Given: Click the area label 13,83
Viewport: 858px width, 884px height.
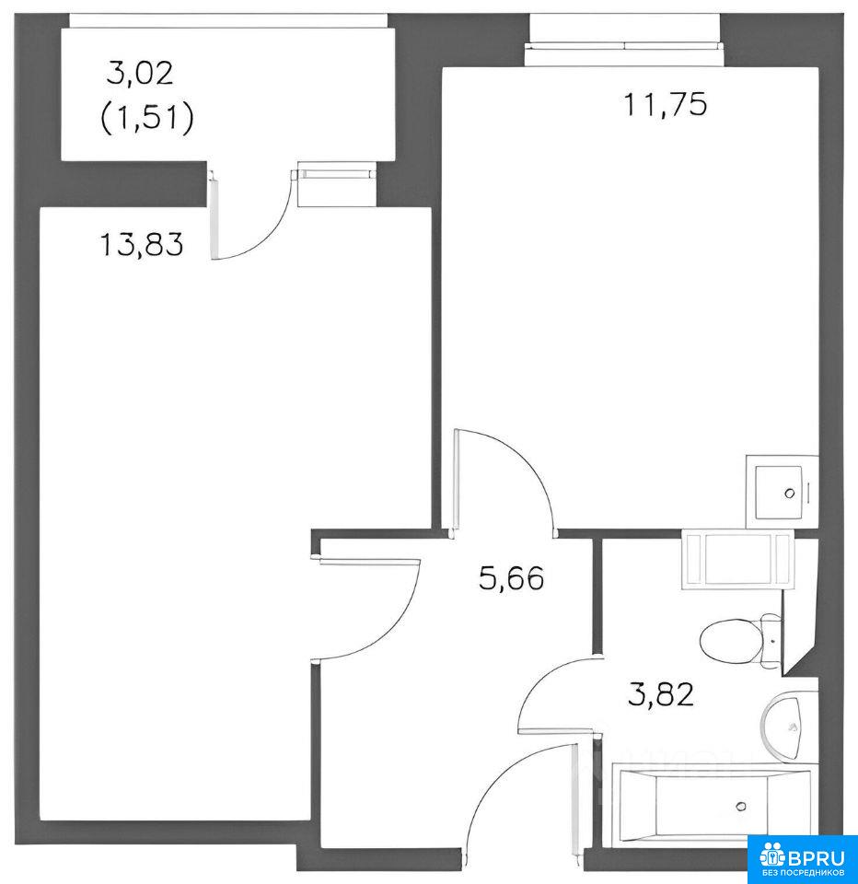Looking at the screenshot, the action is point(142,245).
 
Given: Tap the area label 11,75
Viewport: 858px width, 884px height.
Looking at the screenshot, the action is point(666,104).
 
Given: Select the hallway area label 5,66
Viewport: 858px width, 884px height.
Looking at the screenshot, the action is point(511,578).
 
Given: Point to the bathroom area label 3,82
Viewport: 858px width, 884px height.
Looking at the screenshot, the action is point(661,694).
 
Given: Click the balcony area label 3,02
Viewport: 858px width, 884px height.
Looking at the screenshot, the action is point(140,74).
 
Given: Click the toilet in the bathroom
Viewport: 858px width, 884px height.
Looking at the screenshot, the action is point(741,641).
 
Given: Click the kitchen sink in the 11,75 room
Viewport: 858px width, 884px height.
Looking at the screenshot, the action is point(782,492).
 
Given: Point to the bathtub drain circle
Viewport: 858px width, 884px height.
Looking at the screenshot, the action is point(742,807).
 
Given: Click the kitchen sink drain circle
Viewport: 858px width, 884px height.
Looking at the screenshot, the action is point(790,494).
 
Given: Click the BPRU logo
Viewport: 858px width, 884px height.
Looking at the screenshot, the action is point(803,859).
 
